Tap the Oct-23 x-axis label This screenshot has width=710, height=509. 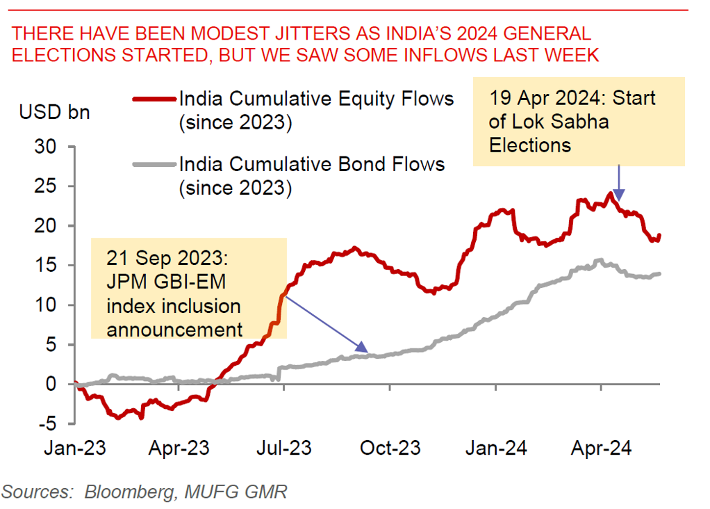click(390, 448)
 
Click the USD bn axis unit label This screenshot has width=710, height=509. click(54, 111)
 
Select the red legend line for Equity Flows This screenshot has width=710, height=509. click(154, 99)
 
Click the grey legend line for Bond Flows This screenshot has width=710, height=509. click(154, 165)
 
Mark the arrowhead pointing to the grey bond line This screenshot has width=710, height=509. click(362, 348)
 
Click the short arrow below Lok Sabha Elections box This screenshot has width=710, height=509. click(620, 184)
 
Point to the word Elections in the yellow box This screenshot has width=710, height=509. click(530, 145)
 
